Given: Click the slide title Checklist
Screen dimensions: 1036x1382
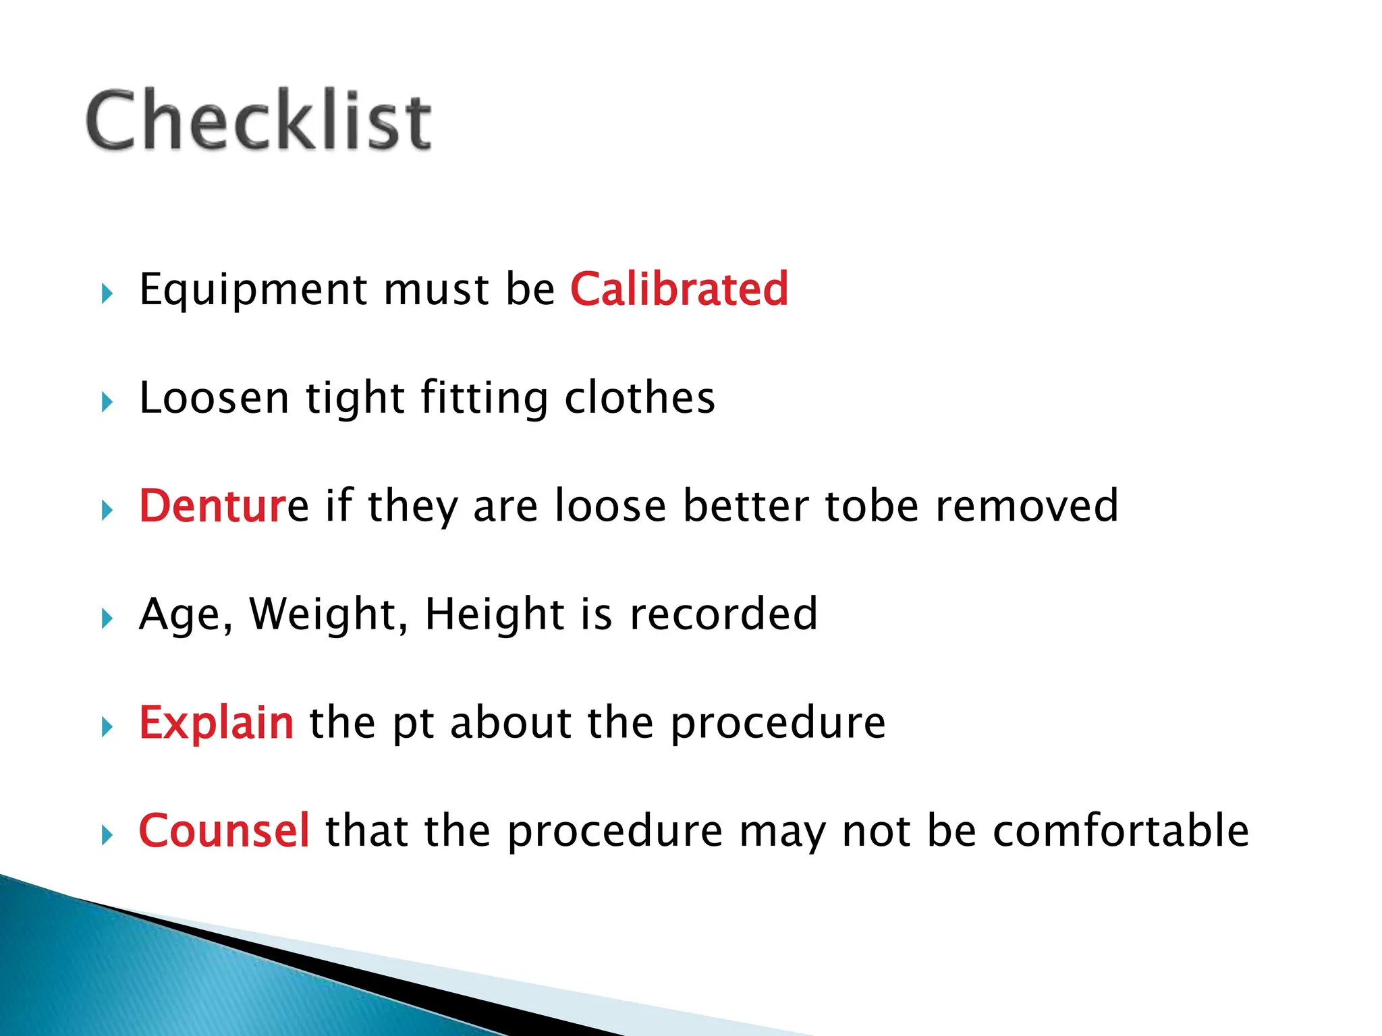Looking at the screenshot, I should click(258, 121).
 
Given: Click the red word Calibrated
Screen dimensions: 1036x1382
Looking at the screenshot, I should click(679, 289).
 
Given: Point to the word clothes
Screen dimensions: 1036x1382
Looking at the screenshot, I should click(639, 398).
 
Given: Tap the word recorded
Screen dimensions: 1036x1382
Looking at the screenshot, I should click(723, 614).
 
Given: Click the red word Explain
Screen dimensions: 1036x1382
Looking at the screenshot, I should click(216, 722).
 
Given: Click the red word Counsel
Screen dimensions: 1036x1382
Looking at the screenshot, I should click(224, 830).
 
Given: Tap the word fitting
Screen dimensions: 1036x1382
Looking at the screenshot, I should click(484, 398).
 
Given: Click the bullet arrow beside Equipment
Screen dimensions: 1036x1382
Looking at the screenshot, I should click(107, 294).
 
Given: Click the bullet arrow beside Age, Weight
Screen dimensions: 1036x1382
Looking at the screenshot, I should click(107, 618).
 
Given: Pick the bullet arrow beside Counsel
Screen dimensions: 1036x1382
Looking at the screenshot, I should click(107, 836).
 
